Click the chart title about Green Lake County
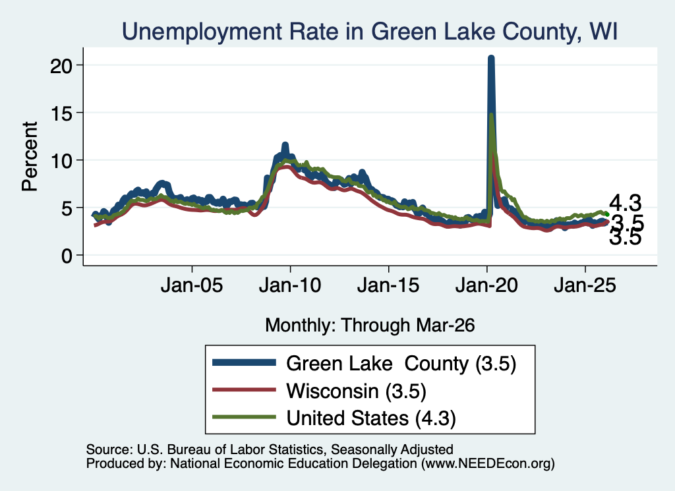pos(370,32)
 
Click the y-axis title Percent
pos(30,156)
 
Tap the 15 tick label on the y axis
pos(61,113)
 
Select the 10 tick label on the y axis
pos(61,161)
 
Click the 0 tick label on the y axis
pos(67,256)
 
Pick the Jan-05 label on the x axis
pos(192,285)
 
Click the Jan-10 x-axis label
pos(290,285)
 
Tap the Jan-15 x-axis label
pos(388,285)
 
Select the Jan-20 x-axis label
pos(486,285)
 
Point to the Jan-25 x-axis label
pos(585,285)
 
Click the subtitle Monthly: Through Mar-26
pos(370,326)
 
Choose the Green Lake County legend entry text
pos(401,364)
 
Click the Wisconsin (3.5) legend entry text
pos(357,391)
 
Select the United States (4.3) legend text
pos(371,419)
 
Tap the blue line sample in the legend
pos(244,362)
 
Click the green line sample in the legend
pos(244,417)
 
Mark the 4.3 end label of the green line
pos(625,203)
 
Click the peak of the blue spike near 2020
pos(490,57)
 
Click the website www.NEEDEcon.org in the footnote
pos(487,463)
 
